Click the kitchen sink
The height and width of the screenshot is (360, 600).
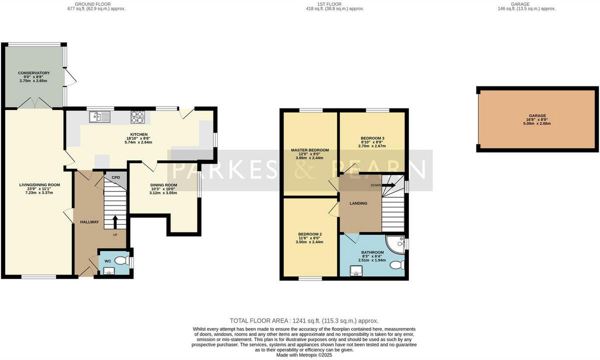(100, 117)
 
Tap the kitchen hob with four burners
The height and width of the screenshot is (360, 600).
(137, 117)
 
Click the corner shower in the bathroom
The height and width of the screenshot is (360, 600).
(397, 245)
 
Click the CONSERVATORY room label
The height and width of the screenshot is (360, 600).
(34, 72)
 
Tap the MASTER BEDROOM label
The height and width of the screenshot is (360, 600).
(310, 150)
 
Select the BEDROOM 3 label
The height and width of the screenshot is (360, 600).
(372, 138)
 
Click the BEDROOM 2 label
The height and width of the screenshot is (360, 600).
(309, 234)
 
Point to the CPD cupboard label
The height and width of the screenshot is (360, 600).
(115, 177)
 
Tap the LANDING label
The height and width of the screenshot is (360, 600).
(358, 203)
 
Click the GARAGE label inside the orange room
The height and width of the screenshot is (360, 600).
(537, 115)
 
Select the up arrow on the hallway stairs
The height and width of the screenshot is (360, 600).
(115, 221)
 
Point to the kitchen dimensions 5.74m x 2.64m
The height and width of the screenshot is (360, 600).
(138, 142)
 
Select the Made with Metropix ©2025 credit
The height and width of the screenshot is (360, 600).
(304, 355)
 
